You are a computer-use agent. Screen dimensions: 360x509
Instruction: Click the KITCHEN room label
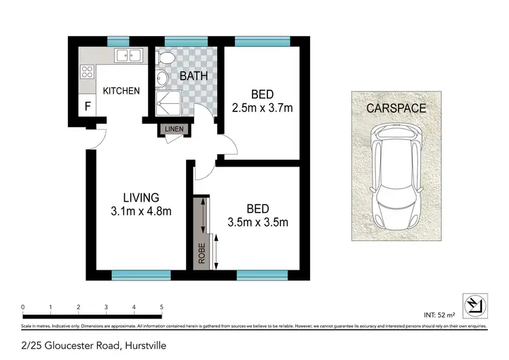pos(121,91)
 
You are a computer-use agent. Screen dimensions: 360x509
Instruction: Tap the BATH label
pos(193,75)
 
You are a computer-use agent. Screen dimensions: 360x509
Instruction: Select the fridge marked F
pos(88,107)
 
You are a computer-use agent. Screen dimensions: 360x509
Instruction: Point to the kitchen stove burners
pos(88,70)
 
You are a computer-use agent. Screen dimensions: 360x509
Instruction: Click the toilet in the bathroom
pos(164,60)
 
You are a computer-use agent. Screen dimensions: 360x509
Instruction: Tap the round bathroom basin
pos(162,79)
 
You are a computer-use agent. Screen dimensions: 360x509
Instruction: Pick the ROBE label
pos(202,253)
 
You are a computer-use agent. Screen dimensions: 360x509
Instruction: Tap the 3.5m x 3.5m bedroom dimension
pos(259,221)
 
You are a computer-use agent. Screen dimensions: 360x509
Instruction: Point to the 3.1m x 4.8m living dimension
pos(141,211)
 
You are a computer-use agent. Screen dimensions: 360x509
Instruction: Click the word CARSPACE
pos(396,108)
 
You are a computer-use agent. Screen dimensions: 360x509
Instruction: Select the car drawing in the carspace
pos(396,178)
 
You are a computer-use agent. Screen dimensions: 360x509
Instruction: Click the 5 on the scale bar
pos(162,308)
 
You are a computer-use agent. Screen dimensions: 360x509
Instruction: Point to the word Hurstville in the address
pos(143,345)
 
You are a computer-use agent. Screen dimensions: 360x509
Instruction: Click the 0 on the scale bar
pos(23,308)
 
